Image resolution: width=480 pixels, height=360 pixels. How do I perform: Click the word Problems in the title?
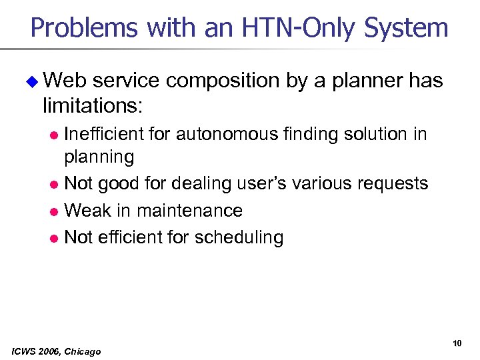click(x=85, y=29)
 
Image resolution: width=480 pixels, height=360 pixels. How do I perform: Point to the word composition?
click(x=223, y=81)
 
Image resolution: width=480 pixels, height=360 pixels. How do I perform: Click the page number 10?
click(x=457, y=343)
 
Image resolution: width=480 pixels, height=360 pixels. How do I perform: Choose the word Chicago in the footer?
click(x=85, y=351)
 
